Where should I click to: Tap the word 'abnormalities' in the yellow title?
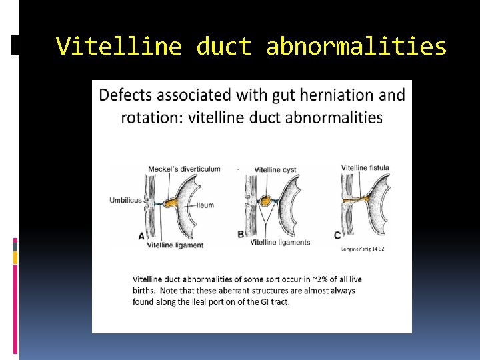coord(356,47)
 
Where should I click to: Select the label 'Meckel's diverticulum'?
coord(184,169)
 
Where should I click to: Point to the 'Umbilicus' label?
coord(125,199)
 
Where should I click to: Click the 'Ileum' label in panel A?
coord(205,205)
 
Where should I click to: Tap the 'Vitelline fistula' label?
coord(365,167)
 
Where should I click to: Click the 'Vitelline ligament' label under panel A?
coord(175,245)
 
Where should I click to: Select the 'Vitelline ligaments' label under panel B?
coord(280,242)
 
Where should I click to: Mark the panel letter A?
coord(141,235)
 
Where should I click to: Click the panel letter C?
coord(337,235)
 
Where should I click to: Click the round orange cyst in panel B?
coord(266,200)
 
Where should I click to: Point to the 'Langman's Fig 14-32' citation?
coord(362,248)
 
